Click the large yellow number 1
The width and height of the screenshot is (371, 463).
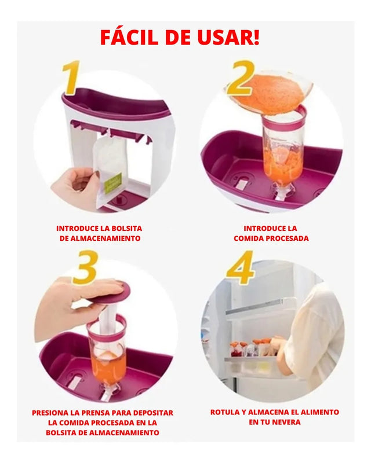pyautogui.click(x=71, y=78)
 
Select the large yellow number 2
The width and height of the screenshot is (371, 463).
pyautogui.click(x=241, y=78)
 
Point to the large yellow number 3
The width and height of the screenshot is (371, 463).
pyautogui.click(x=85, y=267)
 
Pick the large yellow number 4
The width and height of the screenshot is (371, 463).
pyautogui.click(x=240, y=267)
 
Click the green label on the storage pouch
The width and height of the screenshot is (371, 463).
pyautogui.click(x=113, y=183)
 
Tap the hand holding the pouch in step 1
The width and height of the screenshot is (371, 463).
pyautogui.click(x=75, y=186)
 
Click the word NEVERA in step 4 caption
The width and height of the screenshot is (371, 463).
pyautogui.click(x=286, y=422)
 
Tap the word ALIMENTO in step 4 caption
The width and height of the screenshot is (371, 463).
pyautogui.click(x=321, y=412)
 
